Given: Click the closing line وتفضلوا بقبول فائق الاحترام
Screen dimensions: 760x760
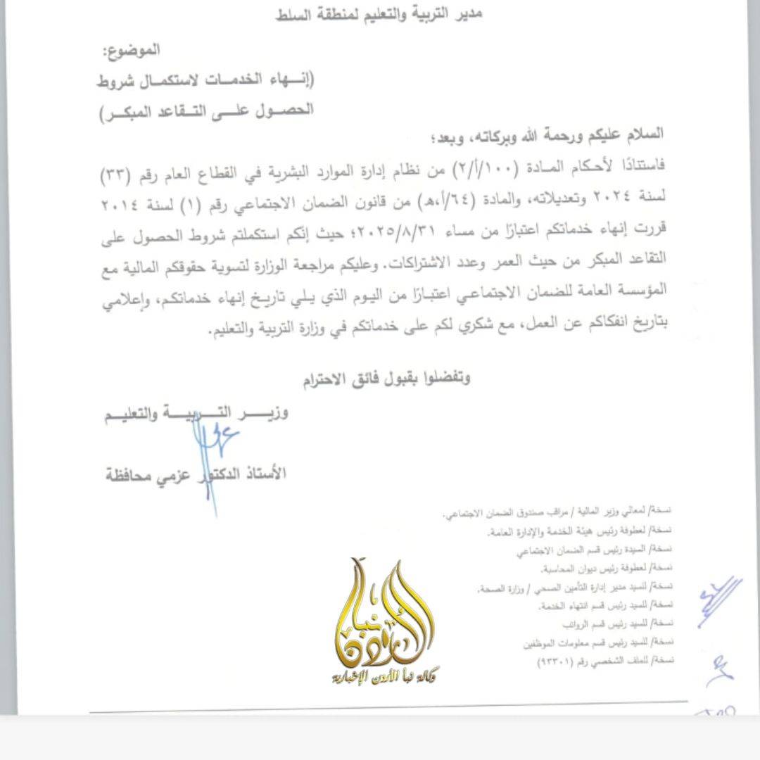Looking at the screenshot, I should (x=386, y=379).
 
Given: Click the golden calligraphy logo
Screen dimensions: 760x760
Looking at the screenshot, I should (x=384, y=612).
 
